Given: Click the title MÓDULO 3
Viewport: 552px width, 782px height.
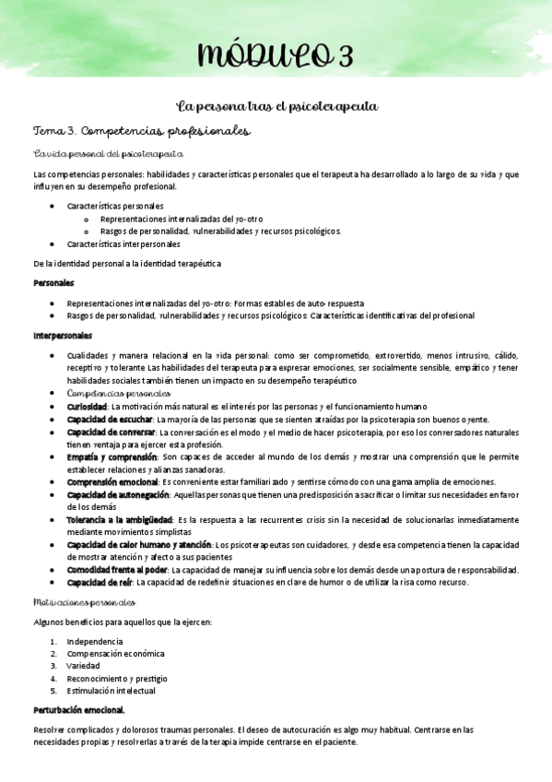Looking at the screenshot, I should tap(274, 56).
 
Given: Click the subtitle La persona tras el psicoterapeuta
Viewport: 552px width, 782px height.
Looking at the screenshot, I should tap(276, 107).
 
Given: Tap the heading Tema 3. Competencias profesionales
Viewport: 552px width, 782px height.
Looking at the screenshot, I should tap(141, 132).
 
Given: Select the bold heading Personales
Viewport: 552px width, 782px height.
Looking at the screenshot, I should tap(53, 282).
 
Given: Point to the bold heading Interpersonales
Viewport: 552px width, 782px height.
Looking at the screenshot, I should tap(63, 335).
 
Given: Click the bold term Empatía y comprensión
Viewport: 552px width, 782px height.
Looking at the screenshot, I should tap(112, 456).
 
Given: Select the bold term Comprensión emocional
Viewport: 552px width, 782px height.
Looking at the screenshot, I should tap(112, 481).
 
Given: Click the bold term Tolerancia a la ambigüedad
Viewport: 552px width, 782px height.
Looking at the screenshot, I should tap(120, 519).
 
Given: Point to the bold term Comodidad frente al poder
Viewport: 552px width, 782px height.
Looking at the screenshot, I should tap(117, 569).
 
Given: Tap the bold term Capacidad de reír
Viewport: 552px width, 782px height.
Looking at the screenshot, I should tap(100, 582).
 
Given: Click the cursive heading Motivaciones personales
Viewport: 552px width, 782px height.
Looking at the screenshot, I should tap(84, 603).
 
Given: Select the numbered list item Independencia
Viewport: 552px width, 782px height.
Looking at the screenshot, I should tap(95, 641).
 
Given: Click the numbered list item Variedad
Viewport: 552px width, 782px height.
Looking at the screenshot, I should tap(83, 665).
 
